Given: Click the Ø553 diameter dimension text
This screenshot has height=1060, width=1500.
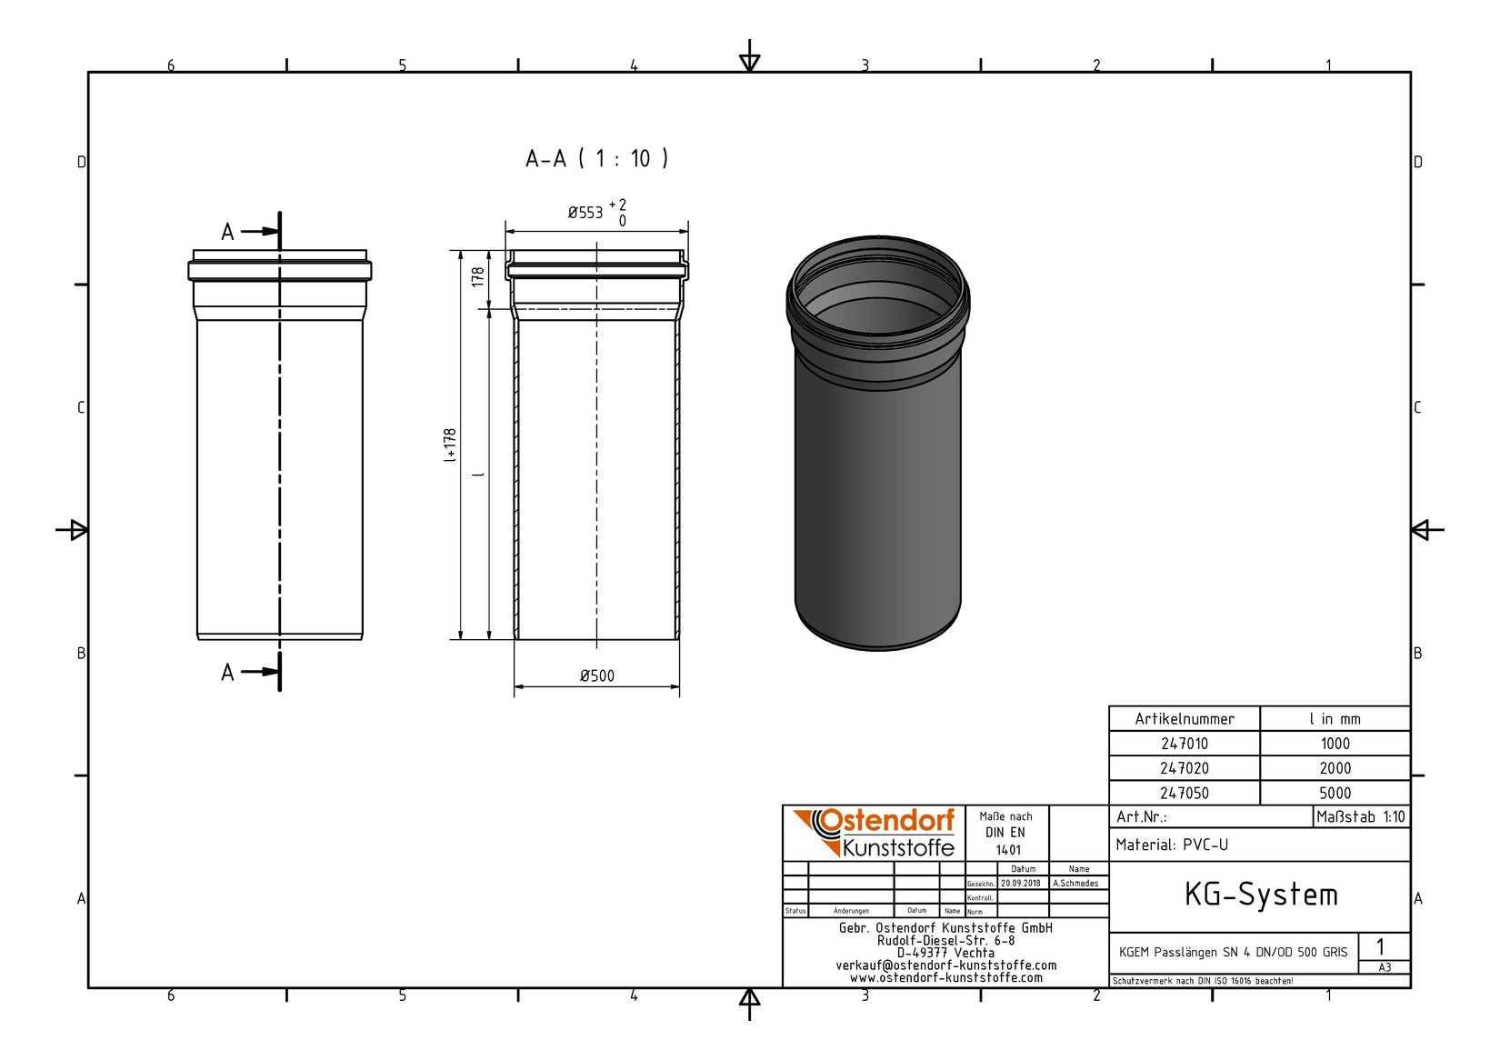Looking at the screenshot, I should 586,213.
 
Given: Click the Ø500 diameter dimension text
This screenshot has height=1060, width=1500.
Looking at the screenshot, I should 597,675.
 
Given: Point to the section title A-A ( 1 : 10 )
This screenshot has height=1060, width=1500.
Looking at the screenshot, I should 597,159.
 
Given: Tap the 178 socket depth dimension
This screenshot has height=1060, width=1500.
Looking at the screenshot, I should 477,277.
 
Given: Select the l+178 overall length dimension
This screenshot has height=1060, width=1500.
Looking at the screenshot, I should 450,445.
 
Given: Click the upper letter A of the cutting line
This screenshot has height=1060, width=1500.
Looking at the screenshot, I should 227,233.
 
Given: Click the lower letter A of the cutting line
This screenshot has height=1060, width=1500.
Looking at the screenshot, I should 227,673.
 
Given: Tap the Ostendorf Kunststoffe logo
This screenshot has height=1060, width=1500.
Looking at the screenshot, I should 874,833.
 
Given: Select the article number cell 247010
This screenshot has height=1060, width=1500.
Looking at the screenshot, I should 1184,744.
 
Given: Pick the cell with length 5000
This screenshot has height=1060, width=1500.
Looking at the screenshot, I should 1335,793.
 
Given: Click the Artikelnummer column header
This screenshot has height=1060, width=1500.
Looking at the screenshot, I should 1184,719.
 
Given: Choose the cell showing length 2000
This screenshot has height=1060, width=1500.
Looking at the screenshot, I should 1335,768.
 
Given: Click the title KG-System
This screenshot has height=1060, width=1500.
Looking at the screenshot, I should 1260,895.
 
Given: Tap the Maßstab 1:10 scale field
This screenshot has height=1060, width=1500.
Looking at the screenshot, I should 1360,816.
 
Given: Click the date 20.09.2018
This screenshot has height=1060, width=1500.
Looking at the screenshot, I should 1022,883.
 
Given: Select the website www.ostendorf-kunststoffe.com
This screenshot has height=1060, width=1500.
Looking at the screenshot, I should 945,978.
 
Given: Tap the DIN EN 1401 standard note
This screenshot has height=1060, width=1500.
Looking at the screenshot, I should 1006,833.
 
